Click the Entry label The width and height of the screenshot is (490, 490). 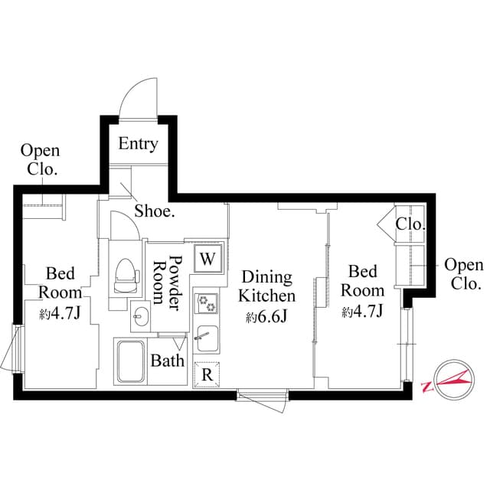[138, 143]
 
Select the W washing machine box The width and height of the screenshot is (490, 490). [207, 258]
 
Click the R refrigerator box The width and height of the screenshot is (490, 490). [207, 374]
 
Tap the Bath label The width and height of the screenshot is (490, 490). [166, 360]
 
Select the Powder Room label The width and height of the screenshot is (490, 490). [168, 281]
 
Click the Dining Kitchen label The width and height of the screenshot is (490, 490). [266, 286]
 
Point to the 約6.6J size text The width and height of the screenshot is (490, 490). [266, 316]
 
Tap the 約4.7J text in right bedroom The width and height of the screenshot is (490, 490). [362, 311]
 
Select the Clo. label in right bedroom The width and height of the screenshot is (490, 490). [410, 224]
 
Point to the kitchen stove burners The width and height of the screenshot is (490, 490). [207, 304]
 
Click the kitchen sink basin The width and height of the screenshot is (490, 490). [205, 334]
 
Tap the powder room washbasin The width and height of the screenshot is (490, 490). [140, 315]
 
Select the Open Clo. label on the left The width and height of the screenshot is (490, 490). [40, 160]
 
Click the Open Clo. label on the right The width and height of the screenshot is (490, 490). [464, 274]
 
